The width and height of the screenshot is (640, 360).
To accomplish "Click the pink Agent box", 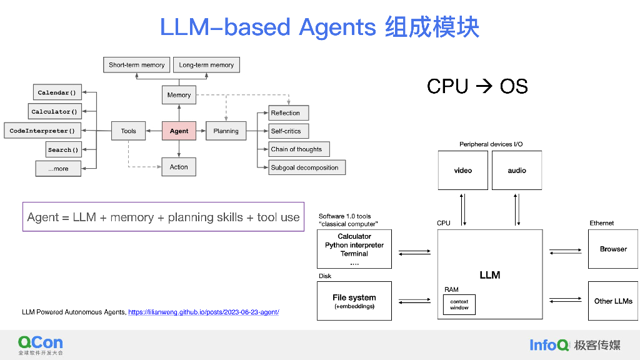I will click(179, 131).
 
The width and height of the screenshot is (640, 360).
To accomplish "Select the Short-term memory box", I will click(136, 65).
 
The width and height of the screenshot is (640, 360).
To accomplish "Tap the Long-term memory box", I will click(206, 65).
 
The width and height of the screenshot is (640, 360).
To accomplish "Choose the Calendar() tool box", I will click(57, 92).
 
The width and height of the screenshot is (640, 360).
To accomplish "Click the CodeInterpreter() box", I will click(42, 131).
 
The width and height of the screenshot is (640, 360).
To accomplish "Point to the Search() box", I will click(64, 150).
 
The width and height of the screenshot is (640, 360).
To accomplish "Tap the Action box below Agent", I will click(179, 167).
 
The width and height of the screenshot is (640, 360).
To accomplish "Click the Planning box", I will click(226, 131).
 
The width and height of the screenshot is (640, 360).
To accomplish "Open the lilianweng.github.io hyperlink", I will click(203, 312).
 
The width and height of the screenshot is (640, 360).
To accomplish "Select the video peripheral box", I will click(462, 170).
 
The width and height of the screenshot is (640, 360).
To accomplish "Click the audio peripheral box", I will click(516, 170).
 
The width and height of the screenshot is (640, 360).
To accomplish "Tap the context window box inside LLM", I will click(459, 304).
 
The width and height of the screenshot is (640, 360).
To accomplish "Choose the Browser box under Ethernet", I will click(613, 249).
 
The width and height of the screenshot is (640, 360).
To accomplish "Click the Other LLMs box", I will click(613, 301).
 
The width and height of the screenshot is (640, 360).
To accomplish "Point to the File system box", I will click(354, 301).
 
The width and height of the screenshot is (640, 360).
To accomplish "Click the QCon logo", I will click(41, 342).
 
